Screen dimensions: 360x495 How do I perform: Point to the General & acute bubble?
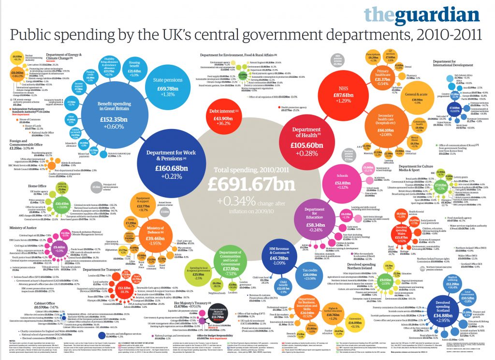click(412, 99)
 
